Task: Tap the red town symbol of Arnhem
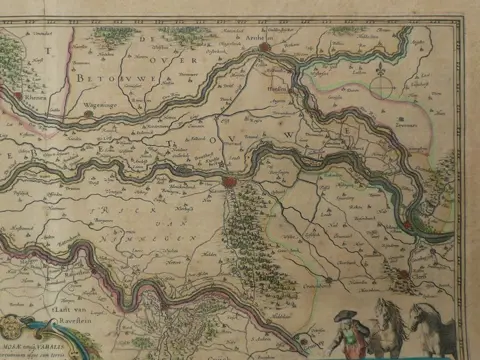265,46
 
